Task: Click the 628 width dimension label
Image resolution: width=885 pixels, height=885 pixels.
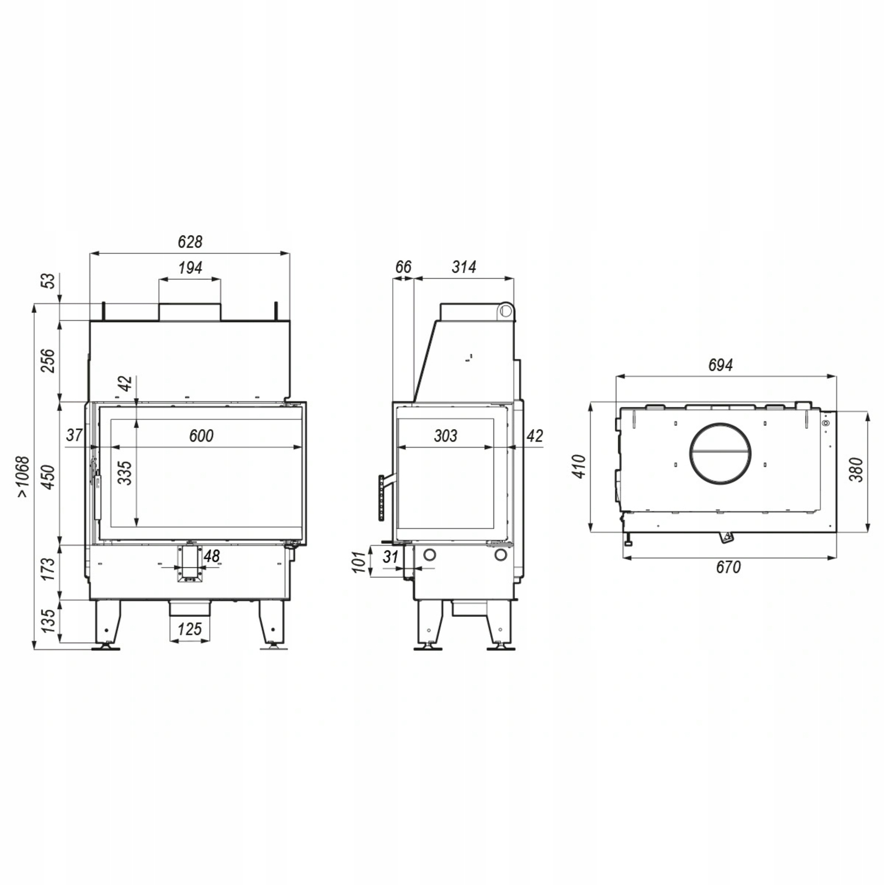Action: pyautogui.click(x=190, y=242)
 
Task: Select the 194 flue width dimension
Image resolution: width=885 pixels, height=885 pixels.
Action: pyautogui.click(x=190, y=268)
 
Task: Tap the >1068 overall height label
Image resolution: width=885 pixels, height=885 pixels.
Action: pyautogui.click(x=22, y=476)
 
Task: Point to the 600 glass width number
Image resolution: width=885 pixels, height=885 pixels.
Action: pyautogui.click(x=201, y=436)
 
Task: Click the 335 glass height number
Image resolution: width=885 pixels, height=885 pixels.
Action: pyautogui.click(x=125, y=473)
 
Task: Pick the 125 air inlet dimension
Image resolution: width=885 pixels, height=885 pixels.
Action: pyautogui.click(x=189, y=629)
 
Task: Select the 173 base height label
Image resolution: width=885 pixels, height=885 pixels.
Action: pyautogui.click(x=49, y=569)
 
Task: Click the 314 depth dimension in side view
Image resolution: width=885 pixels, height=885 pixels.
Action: pyautogui.click(x=464, y=267)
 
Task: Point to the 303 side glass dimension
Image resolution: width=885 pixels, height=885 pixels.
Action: pyautogui.click(x=445, y=436)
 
